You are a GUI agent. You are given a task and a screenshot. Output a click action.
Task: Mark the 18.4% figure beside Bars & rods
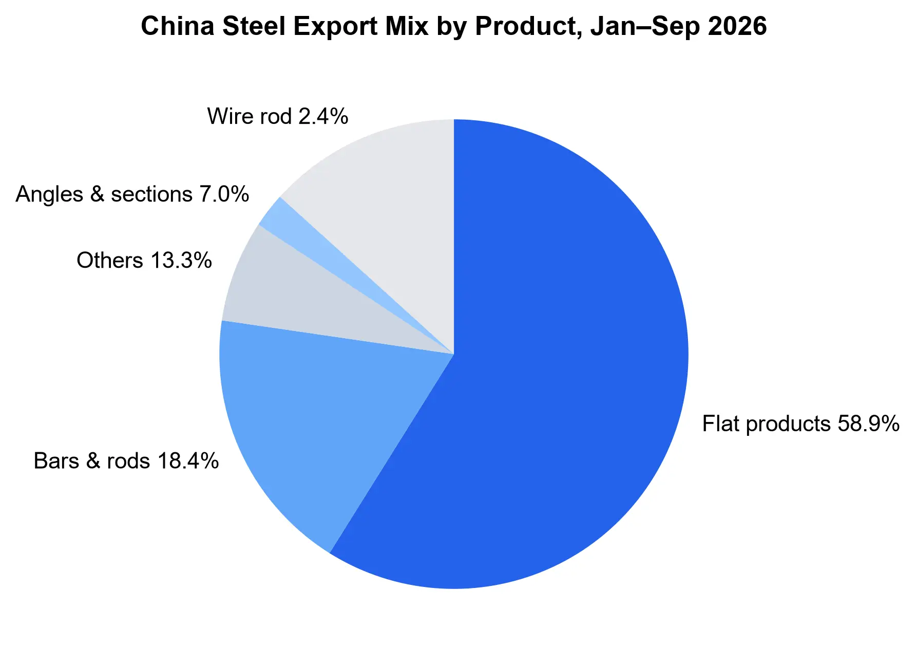pos(188,461)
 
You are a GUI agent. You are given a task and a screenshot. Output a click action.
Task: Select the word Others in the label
pos(110,261)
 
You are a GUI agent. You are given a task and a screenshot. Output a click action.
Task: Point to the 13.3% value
pos(181,261)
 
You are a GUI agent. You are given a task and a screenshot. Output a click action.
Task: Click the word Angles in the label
pos(49,194)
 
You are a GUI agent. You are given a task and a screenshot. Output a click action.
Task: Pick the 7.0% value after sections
pos(224,194)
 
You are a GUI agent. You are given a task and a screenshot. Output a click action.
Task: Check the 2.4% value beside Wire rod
pos(323,117)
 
